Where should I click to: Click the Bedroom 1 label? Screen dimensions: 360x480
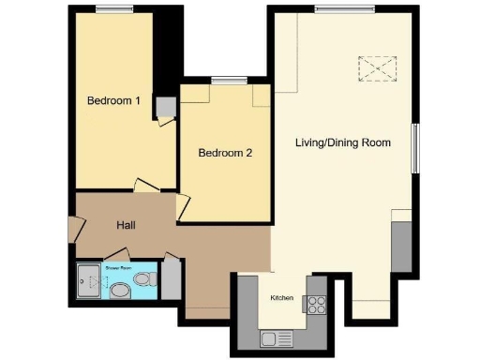point(113,100)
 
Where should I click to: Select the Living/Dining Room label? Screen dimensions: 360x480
point(342,142)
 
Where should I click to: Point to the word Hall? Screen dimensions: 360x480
point(128,226)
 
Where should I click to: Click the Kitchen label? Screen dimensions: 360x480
point(282,298)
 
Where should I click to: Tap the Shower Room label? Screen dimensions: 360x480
point(118,267)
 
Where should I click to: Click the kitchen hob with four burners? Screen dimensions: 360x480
point(316,304)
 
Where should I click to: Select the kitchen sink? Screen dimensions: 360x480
point(272,337)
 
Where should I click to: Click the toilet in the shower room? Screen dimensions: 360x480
point(142,279)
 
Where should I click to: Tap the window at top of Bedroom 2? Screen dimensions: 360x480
point(224,82)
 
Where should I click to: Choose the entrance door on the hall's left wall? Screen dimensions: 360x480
point(71,230)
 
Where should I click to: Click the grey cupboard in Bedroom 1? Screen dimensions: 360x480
point(166,106)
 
